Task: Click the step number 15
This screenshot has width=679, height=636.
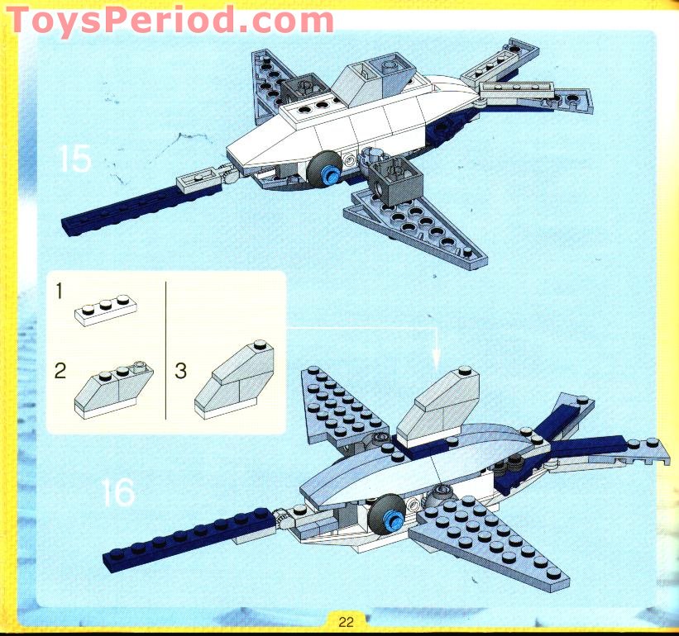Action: coord(75,159)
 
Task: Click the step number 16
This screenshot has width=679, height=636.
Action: coord(117,492)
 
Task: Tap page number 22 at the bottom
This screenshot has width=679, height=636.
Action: coord(346,622)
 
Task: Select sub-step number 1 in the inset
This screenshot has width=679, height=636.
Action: coord(60,291)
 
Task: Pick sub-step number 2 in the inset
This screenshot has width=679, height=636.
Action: coord(60,371)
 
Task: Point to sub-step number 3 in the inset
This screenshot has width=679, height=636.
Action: coord(180,371)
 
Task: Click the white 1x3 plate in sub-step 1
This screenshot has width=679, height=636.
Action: coord(106,310)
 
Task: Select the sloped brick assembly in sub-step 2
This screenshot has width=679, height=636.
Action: coord(113,390)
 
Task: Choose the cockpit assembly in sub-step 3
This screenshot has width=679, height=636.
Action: coord(234,380)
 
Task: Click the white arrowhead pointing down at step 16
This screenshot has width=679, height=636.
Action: coord(437,358)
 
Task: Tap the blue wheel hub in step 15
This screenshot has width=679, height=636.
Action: coord(332,175)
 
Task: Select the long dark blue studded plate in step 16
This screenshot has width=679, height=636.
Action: coord(189,539)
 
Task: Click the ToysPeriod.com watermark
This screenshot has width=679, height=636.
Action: coord(170,20)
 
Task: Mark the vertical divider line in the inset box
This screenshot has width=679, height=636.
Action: coord(166,350)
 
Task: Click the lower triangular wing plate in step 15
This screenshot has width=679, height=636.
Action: coord(417,228)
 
